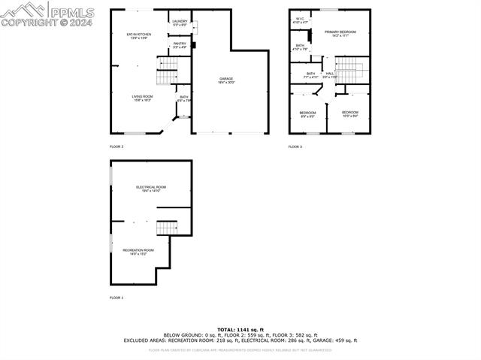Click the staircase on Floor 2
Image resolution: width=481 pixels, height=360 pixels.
point(166,75)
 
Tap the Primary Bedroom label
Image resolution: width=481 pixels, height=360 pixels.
point(340,33)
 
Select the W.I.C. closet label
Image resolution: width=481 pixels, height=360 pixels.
point(299,21)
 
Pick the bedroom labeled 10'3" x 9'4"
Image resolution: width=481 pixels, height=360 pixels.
point(350,114)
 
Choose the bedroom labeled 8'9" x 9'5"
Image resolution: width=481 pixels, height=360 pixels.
point(307,114)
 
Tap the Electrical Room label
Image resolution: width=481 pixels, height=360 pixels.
point(151,189)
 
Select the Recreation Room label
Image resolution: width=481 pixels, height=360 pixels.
point(139,252)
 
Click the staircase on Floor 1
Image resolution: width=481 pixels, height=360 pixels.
point(166,227)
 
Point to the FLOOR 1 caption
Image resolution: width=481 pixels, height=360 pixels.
point(116,298)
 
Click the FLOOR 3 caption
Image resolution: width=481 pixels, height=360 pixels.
point(295,147)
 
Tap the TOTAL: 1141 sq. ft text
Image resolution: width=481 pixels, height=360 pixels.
point(240,329)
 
